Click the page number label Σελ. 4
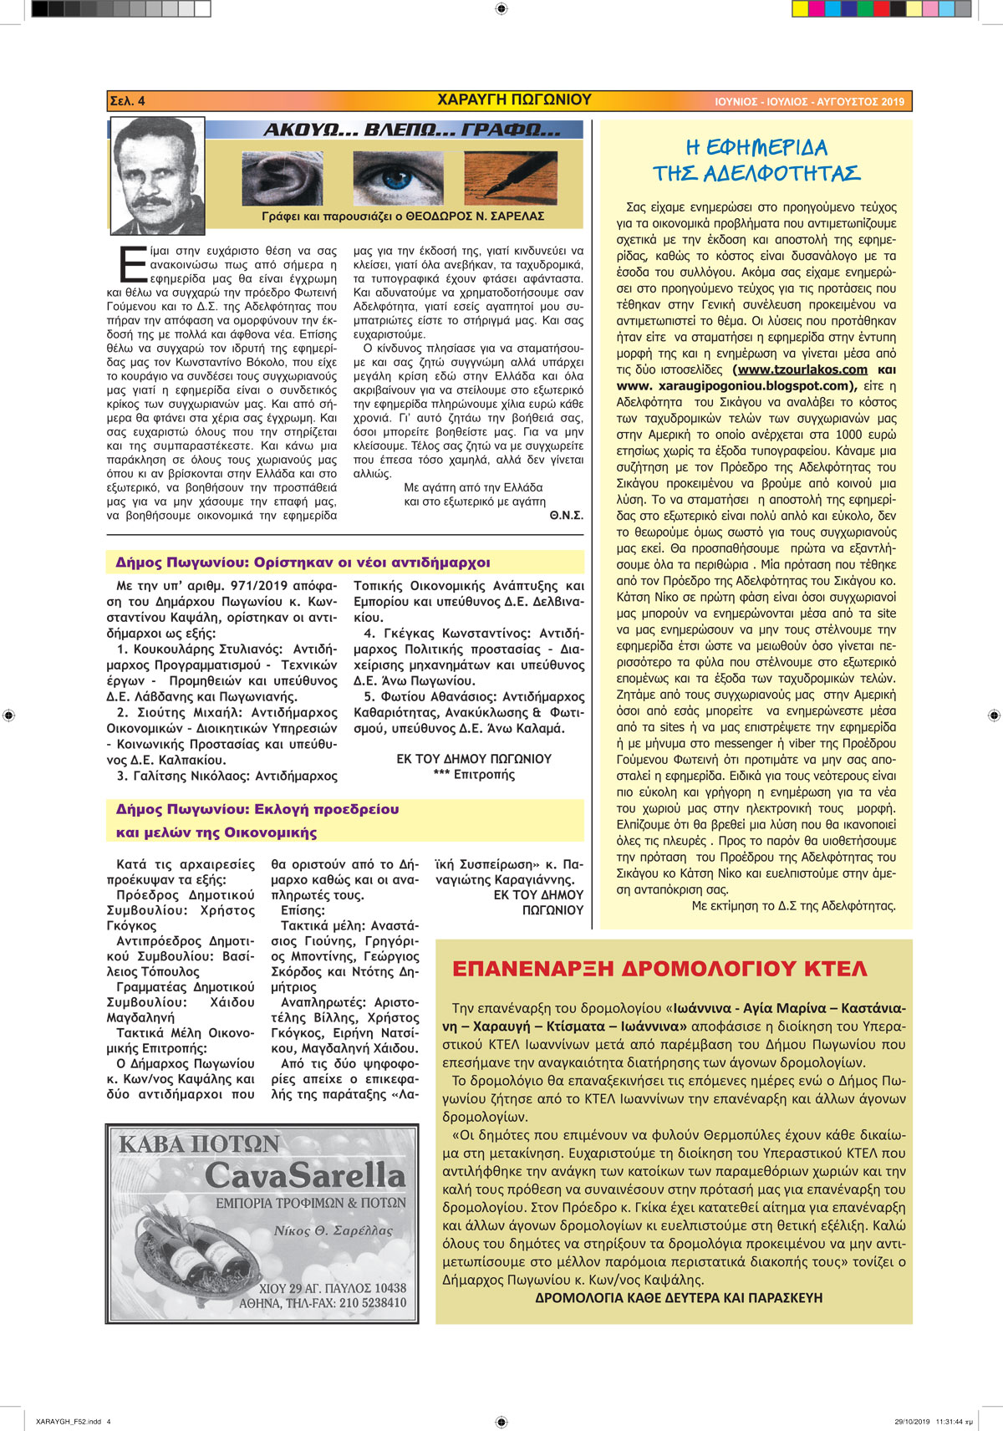128,101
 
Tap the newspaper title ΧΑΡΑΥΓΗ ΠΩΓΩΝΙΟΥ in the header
514,100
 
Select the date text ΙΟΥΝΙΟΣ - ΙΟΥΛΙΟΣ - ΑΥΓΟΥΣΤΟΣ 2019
809,102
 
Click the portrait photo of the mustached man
157,175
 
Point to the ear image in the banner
282,178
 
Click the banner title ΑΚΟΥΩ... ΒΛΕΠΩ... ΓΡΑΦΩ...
411,130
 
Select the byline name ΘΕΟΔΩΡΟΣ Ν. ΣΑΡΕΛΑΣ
475,216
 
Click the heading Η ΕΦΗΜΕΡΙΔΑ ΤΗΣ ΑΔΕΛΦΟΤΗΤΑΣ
756,160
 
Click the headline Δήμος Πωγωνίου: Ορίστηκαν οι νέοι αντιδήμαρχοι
303,563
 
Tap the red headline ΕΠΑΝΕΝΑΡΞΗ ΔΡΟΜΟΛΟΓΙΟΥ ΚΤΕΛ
659,970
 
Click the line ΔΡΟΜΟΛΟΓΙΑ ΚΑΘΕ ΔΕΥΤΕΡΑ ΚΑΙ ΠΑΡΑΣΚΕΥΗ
679,1298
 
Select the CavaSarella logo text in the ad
305,1176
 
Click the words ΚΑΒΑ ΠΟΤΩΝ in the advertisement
199,1144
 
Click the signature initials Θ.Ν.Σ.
566,516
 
